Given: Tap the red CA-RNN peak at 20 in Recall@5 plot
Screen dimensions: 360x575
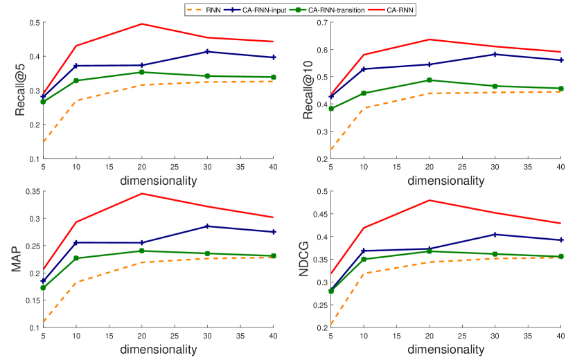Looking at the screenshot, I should coord(142,24).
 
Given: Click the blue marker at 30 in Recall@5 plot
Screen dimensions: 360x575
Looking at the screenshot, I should coord(207,52).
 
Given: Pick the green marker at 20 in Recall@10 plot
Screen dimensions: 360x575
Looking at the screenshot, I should coord(429,80).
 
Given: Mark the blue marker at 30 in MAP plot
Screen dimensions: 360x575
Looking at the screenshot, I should coord(207,226).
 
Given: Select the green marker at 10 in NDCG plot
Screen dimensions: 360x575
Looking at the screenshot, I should coord(363,259).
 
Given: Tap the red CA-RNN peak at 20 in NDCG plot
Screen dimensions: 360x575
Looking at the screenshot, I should coord(429,200).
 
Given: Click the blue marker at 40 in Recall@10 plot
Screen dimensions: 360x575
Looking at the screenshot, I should coord(560,60).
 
